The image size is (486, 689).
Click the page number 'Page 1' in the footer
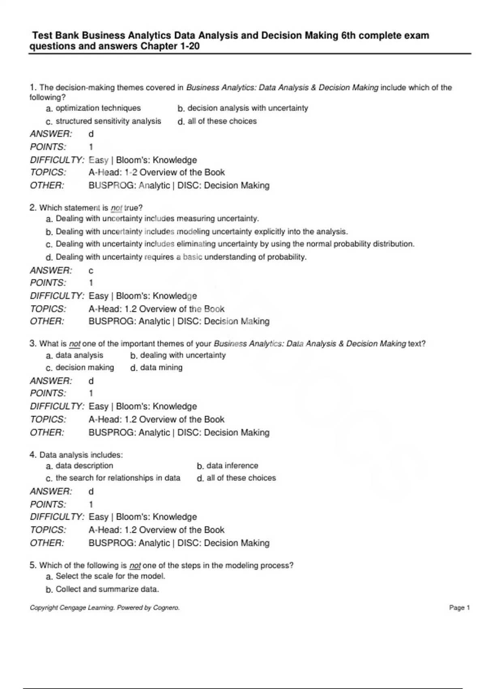[x=459, y=608]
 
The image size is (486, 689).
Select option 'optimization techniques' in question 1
[x=98, y=108]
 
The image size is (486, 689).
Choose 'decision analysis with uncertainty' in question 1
[x=247, y=108]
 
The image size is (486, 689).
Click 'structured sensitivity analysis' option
[x=108, y=121]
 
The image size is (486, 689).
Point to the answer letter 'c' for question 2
[x=91, y=270]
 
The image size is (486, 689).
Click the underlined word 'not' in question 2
[x=116, y=208]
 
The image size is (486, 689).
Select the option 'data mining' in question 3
[x=161, y=368]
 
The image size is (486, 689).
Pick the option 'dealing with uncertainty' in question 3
[x=183, y=355]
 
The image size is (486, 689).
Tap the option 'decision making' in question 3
[x=85, y=368]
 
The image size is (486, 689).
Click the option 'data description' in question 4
[x=84, y=466]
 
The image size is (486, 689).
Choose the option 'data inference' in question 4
[x=232, y=466]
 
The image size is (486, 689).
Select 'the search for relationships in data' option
[x=118, y=478]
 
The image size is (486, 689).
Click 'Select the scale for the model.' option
[x=111, y=576]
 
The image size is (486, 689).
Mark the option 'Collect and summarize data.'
[x=107, y=589]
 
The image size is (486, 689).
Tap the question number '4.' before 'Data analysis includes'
[x=33, y=455]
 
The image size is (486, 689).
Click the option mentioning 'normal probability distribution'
[x=235, y=244]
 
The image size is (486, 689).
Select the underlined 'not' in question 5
[x=135, y=565]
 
